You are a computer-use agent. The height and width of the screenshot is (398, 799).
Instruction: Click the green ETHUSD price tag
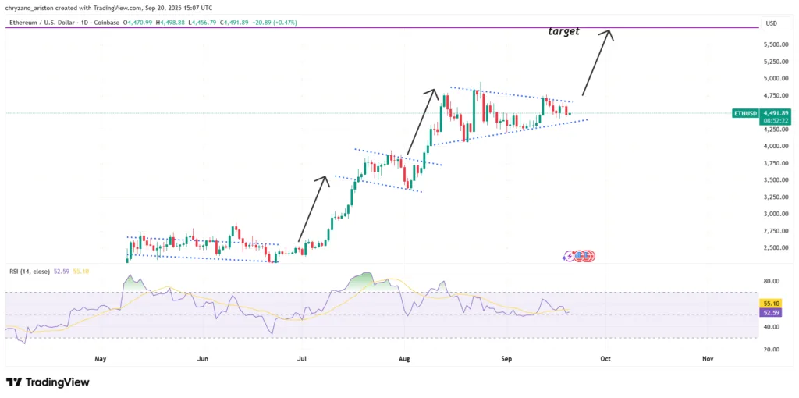[746, 113]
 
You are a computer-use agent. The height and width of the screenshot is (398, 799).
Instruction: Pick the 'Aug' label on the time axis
[404, 359]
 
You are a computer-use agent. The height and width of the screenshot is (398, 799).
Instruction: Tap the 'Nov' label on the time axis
[708, 359]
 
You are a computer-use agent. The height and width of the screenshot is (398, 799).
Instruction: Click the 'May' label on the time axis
[100, 359]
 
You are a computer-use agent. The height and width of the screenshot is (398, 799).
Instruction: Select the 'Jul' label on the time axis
[302, 359]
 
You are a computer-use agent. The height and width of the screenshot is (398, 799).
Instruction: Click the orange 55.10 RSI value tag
[771, 303]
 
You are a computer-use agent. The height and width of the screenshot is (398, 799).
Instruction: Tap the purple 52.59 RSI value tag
[771, 311]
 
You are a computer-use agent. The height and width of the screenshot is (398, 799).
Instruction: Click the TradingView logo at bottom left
[48, 382]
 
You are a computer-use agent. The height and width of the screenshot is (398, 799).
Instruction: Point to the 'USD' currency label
[772, 23]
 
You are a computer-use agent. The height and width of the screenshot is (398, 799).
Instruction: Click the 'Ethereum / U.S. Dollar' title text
[38, 23]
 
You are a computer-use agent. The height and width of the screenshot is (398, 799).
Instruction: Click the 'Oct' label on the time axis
[605, 359]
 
